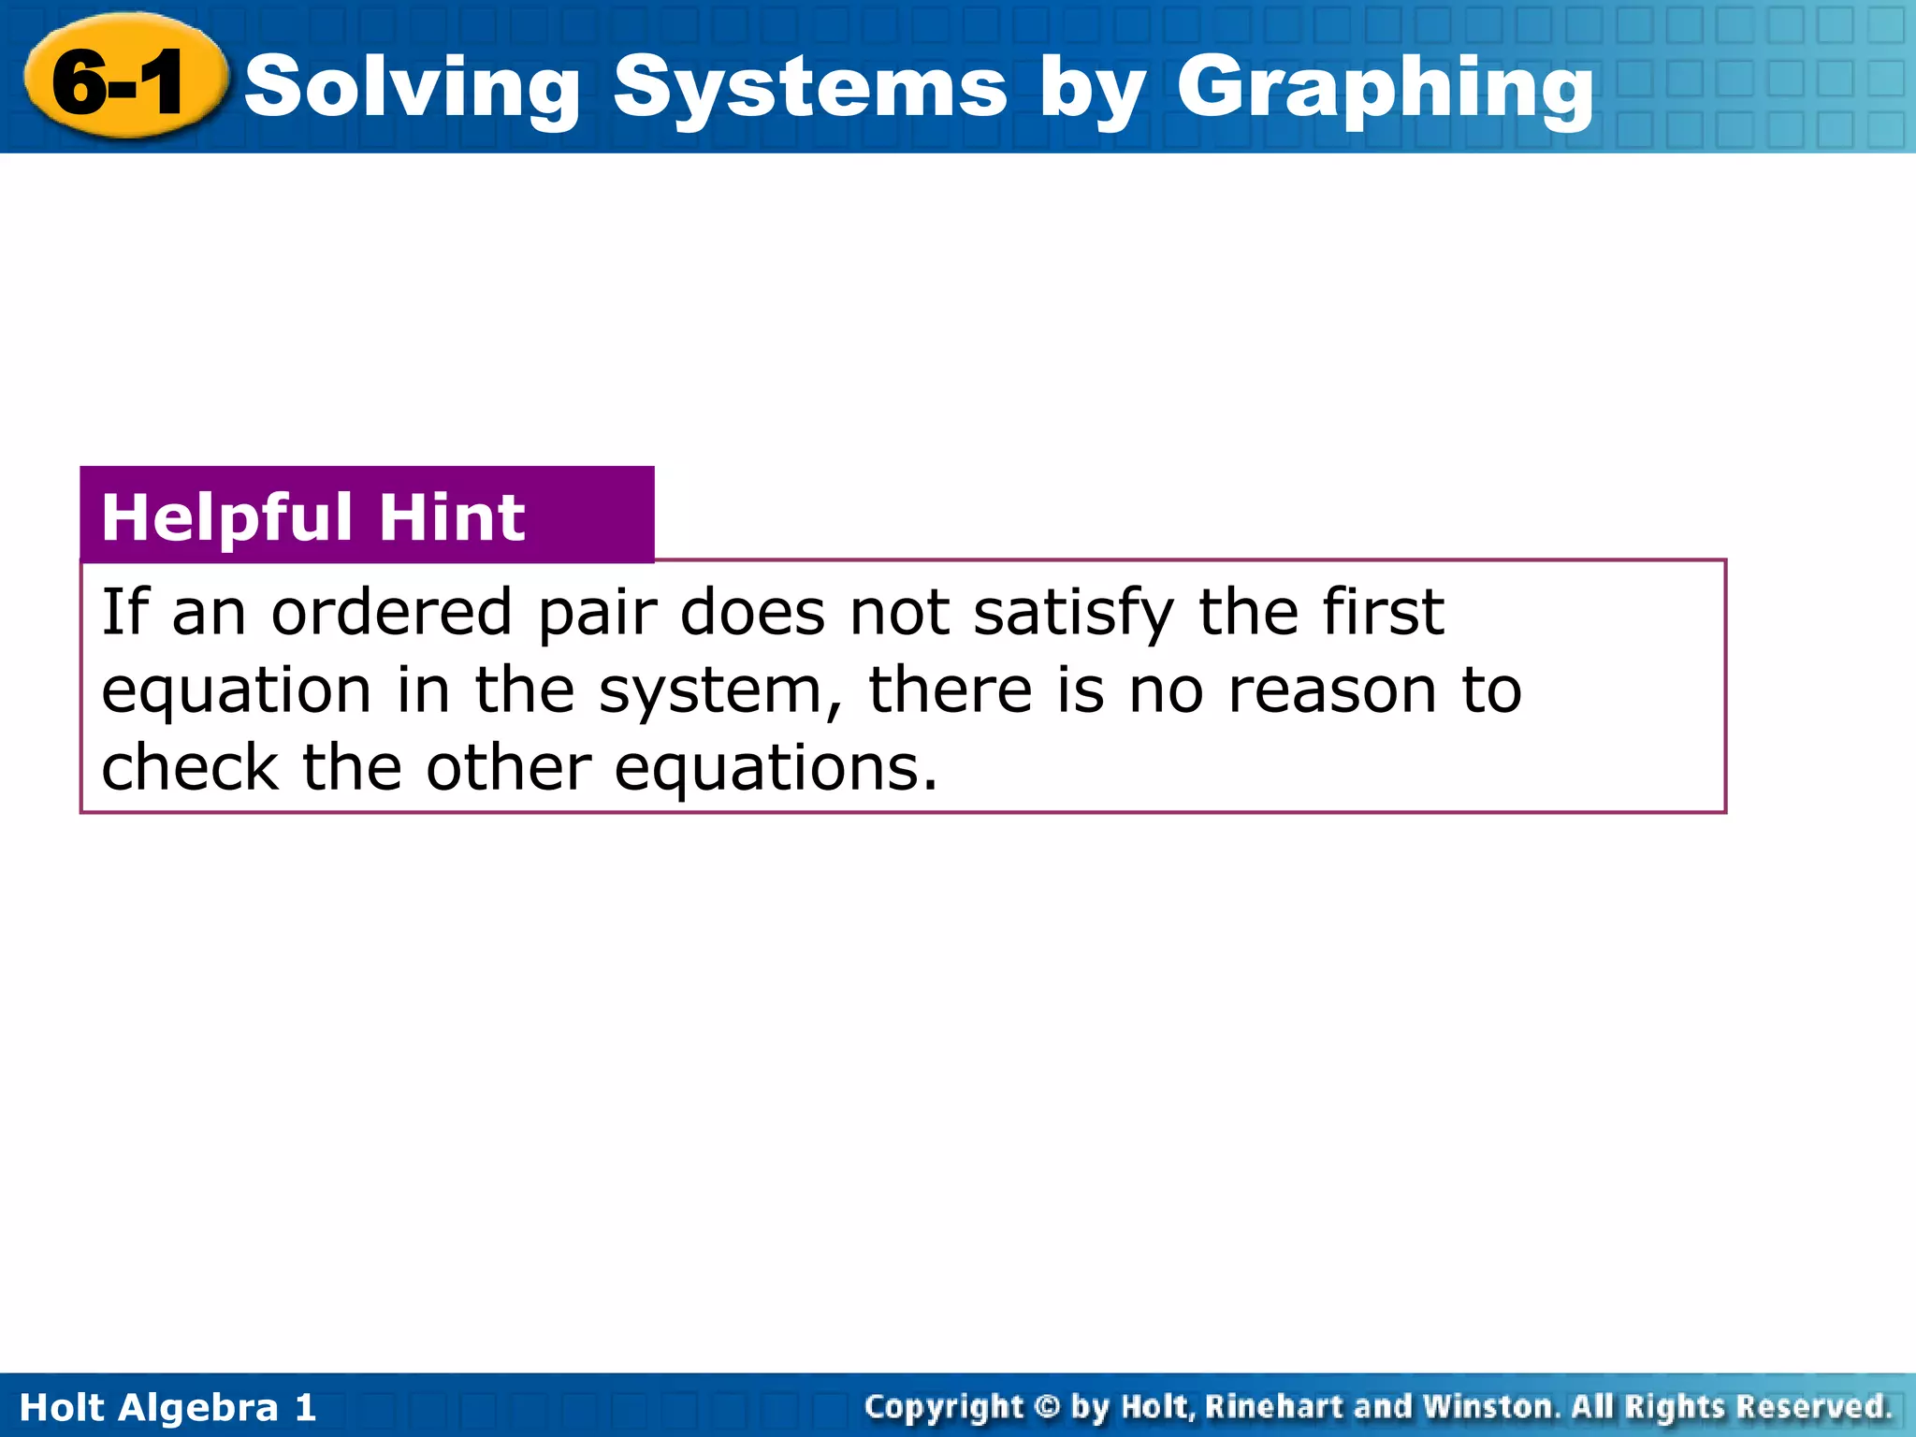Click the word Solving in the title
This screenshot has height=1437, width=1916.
pos(413,89)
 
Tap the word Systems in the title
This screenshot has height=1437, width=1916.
pos(810,89)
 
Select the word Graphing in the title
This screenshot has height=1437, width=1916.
pos(1385,89)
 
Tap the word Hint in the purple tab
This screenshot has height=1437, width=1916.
pos(452,517)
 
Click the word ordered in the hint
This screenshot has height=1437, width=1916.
pos(391,613)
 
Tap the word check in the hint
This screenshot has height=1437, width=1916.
pos(189,768)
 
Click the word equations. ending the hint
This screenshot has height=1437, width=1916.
pos(776,770)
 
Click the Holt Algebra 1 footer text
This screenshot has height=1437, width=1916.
pos(168,1407)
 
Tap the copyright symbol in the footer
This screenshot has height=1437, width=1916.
pos(1048,1406)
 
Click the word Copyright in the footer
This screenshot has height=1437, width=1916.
pos(944,1407)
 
